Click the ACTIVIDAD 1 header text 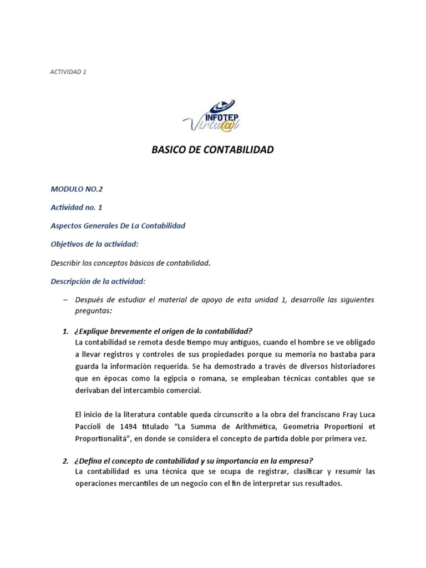[x=68, y=72]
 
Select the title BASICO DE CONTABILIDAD [x=212, y=150]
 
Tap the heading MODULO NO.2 [x=77, y=189]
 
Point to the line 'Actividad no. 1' [x=77, y=207]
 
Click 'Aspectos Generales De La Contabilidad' [x=118, y=226]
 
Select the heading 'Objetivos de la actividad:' [x=94, y=244]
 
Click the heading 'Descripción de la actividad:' [x=98, y=281]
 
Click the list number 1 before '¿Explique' [x=65, y=331]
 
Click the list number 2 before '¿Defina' [x=65, y=461]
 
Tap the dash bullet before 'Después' [x=65, y=300]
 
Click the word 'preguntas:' [x=93, y=311]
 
